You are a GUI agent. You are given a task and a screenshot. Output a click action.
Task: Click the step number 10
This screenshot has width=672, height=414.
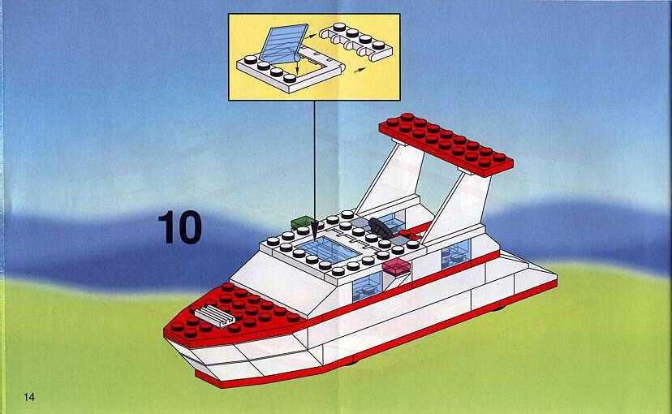[x=179, y=227]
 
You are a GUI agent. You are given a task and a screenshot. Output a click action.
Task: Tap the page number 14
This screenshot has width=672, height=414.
[x=28, y=397]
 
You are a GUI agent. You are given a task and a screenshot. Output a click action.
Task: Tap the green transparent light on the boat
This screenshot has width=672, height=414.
[x=303, y=222]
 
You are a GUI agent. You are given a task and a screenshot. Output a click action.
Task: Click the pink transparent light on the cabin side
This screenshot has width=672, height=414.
[x=396, y=266]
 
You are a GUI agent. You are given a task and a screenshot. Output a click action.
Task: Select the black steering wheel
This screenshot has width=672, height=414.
[x=381, y=227]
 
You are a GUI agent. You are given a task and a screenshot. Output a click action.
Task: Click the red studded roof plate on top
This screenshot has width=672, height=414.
[x=446, y=144]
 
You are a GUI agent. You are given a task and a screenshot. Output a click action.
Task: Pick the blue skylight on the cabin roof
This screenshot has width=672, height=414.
[x=327, y=250]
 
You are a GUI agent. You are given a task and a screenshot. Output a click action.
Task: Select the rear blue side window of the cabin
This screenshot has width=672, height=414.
[x=456, y=254]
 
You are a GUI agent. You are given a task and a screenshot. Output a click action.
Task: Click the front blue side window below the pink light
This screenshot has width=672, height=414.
[x=367, y=286]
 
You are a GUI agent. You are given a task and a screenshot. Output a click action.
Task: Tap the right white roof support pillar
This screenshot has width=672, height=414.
[x=458, y=206]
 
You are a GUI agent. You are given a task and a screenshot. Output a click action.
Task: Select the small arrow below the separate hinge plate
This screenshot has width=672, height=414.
[x=361, y=70]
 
